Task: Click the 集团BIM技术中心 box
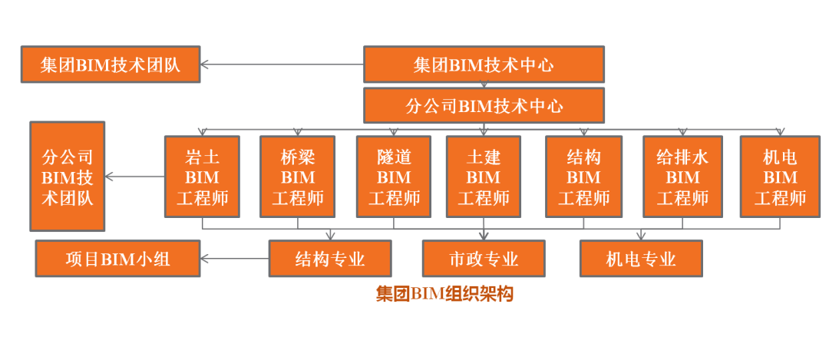point(484,64)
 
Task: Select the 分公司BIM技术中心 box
point(484,105)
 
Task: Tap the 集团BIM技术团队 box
point(111,64)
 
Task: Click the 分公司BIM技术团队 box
point(67,177)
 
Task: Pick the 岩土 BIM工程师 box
point(203,177)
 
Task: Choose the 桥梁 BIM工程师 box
point(298,177)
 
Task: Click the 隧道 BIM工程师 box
point(394,177)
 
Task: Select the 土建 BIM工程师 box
point(484,177)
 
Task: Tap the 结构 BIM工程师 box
point(583,177)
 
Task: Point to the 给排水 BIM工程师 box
point(682,177)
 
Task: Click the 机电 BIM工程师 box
point(780,177)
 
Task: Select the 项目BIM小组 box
point(117,259)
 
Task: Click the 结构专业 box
point(330,259)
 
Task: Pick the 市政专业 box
point(484,259)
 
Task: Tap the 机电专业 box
point(641,259)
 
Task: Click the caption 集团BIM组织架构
point(444,294)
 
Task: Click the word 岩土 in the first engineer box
point(203,158)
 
